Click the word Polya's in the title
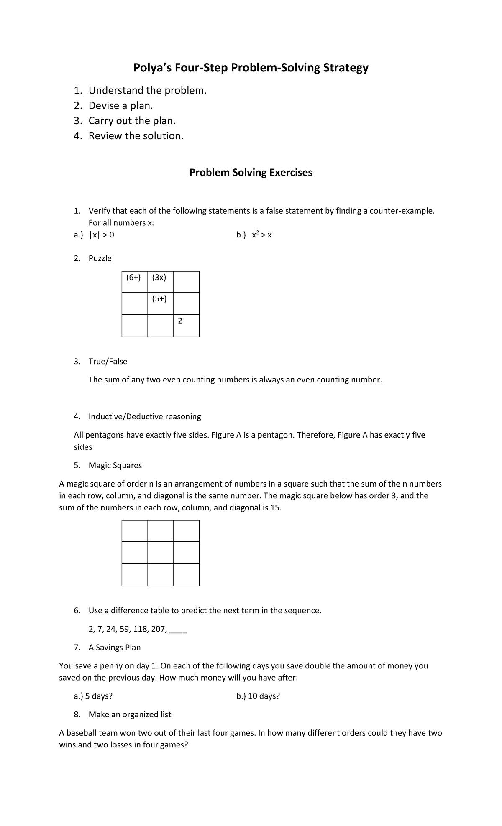point(151,68)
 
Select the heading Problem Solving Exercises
point(251,173)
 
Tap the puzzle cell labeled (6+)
point(135,282)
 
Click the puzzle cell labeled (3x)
point(160,282)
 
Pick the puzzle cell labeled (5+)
point(160,303)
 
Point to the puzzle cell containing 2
point(186,326)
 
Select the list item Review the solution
point(136,136)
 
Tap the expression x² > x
point(261,235)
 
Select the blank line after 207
point(179,630)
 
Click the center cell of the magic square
point(160,553)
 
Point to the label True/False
point(108,362)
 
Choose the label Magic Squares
point(115,466)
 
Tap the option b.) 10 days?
point(258,696)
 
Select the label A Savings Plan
point(115,648)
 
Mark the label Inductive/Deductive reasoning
point(145,417)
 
